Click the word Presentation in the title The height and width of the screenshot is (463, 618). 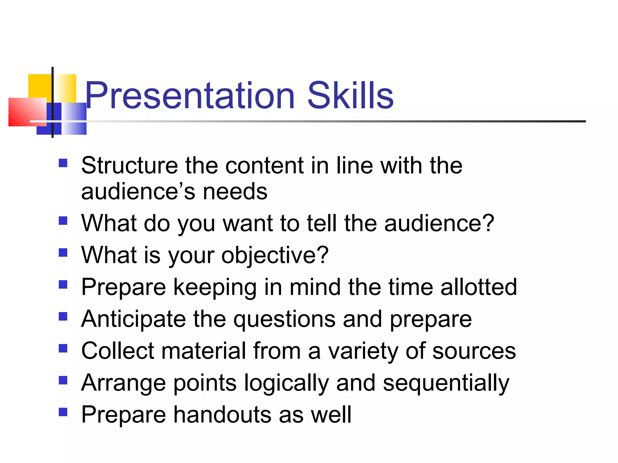[190, 96]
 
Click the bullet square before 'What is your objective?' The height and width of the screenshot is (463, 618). [63, 252]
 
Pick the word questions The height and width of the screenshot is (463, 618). [284, 319]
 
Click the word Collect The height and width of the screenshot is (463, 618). [117, 351]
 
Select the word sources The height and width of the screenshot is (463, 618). [474, 351]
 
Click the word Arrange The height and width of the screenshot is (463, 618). [123, 383]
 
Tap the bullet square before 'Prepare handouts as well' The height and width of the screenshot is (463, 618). [63, 412]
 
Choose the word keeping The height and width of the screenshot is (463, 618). [215, 288]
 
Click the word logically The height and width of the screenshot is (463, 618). [286, 383]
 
